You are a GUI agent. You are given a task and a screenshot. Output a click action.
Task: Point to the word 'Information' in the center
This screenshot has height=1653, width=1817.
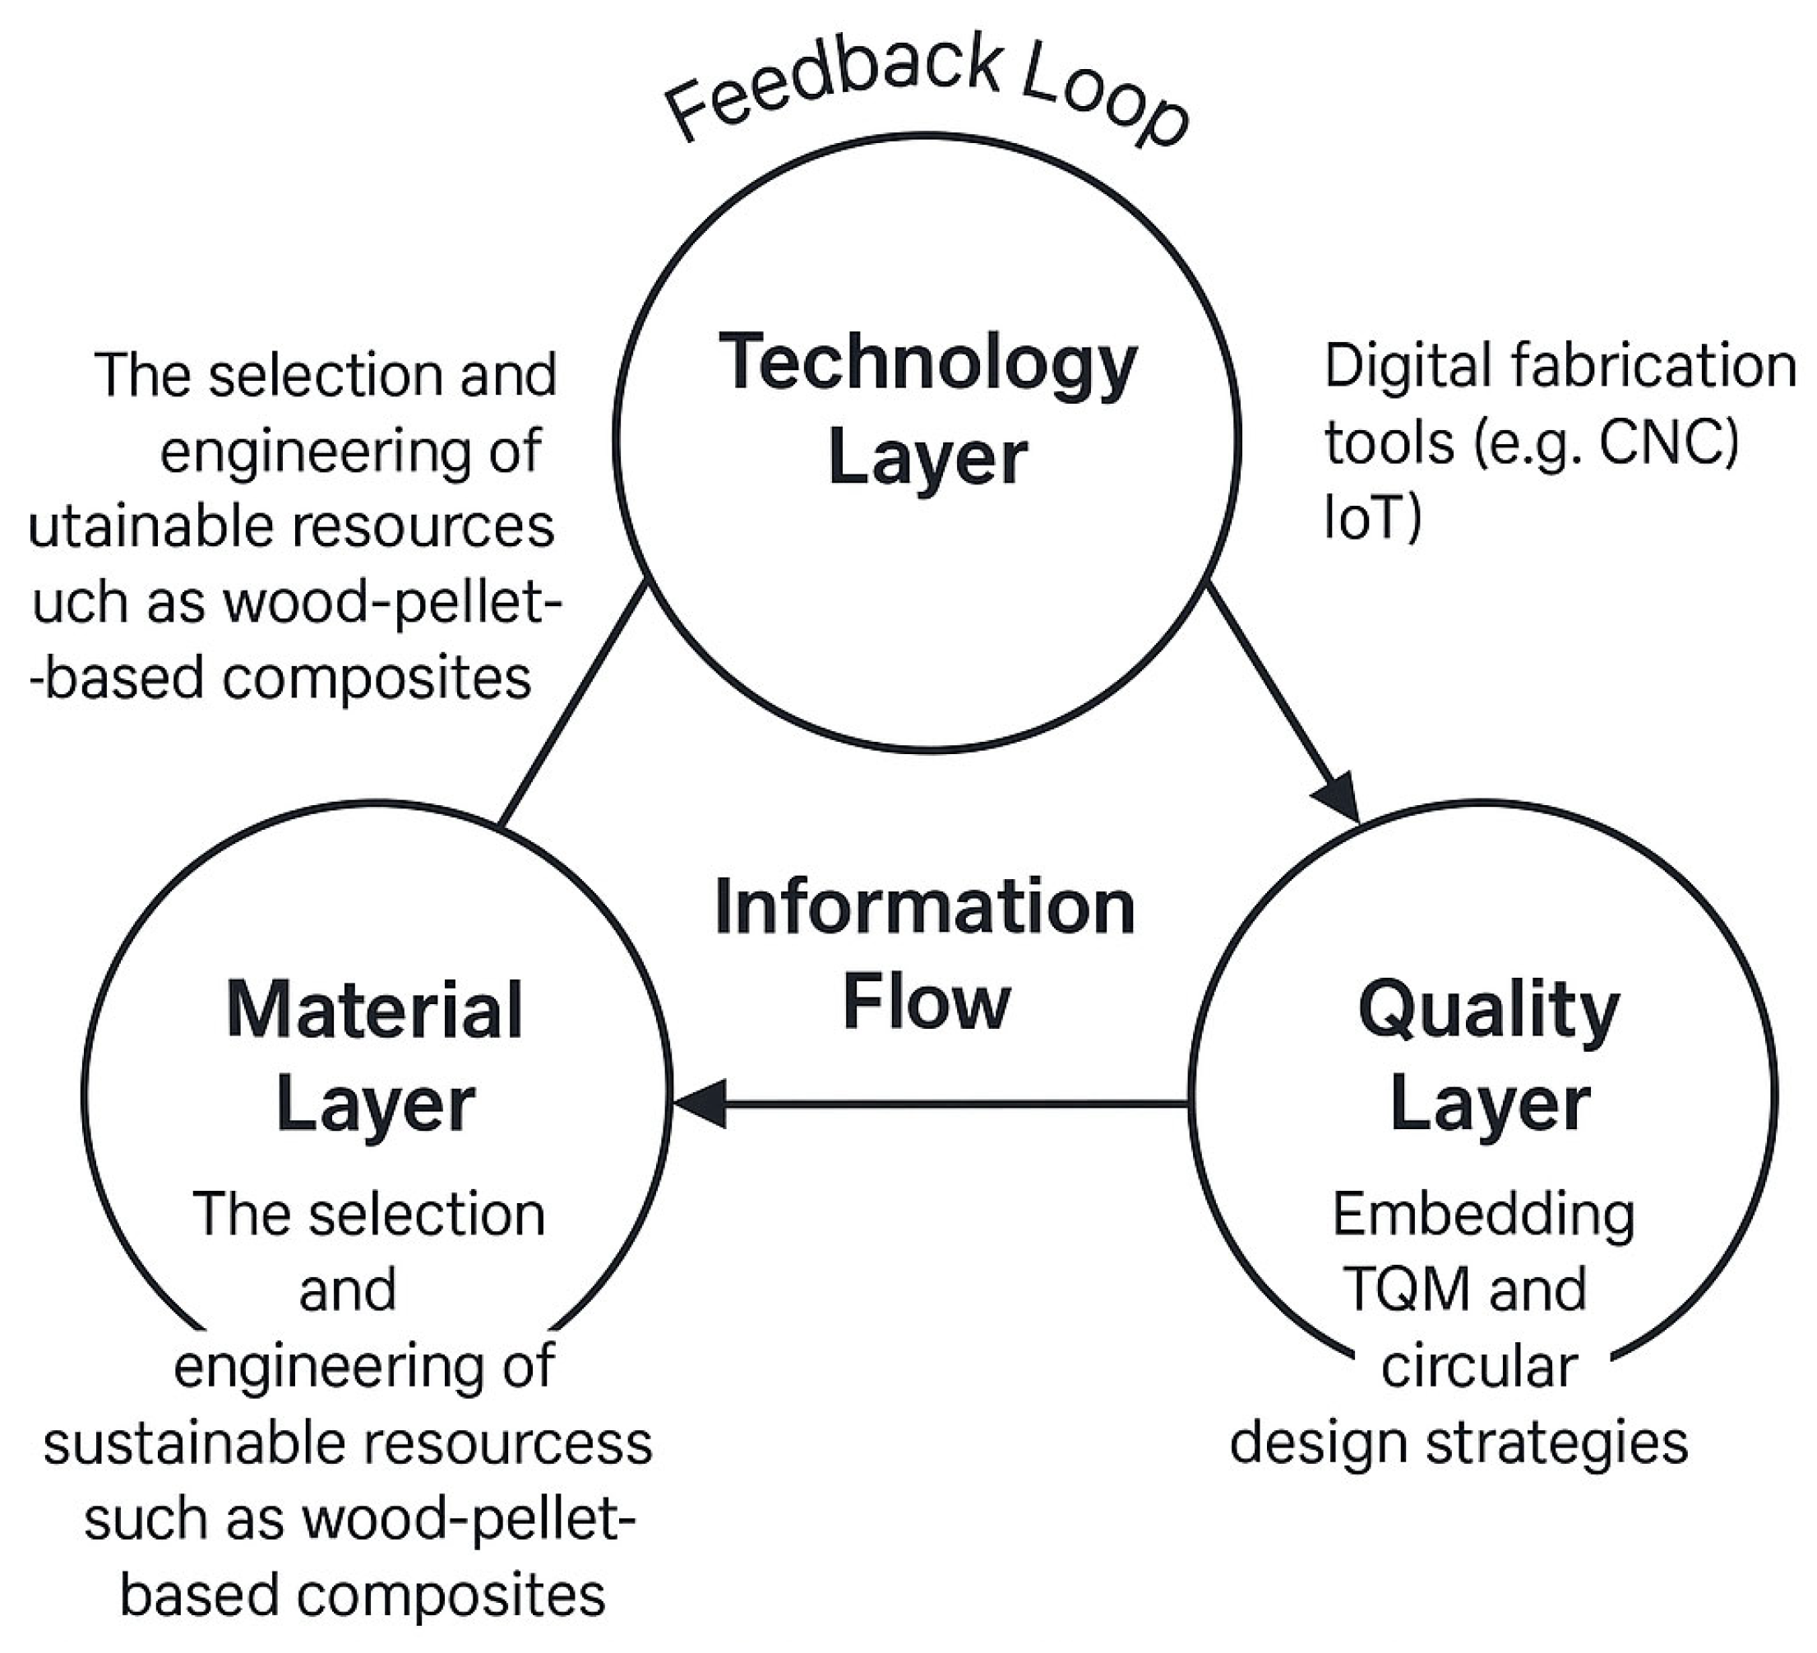[925, 908]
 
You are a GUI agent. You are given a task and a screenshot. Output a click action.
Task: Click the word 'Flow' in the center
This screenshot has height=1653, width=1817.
[927, 1002]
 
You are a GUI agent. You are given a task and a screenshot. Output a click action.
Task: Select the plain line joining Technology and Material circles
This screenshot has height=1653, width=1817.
[572, 704]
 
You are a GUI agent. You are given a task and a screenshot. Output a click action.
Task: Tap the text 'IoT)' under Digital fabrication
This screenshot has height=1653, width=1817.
[1371, 518]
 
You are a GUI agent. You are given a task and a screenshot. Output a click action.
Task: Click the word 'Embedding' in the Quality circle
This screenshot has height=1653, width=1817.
[1483, 1215]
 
